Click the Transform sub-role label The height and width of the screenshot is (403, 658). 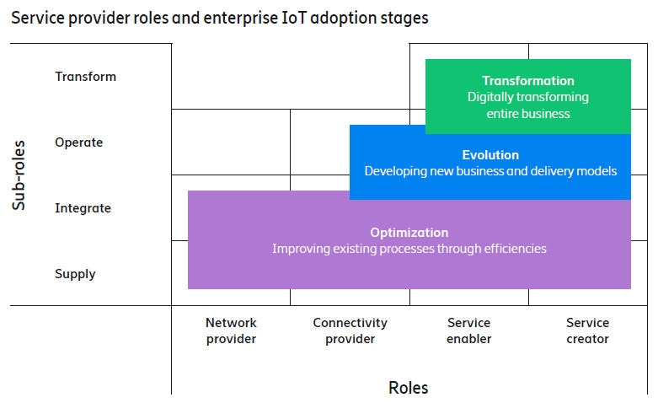(85, 77)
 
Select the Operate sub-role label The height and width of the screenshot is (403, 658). (78, 142)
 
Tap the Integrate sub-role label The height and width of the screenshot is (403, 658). (83, 208)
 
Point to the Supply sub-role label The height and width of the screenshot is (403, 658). (75, 274)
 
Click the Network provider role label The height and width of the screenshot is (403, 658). (231, 330)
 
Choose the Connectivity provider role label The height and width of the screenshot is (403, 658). (350, 330)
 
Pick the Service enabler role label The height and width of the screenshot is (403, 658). (468, 330)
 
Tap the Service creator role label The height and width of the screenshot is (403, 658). (587, 330)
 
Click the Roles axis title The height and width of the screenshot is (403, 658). (408, 388)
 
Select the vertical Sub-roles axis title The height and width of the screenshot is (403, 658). (19, 175)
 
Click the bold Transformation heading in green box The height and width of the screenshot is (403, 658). (527, 81)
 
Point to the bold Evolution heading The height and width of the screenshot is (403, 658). (490, 155)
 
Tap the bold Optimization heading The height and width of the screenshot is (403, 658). (409, 233)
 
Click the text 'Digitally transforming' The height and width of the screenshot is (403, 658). (527, 97)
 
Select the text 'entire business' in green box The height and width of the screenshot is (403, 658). (527, 113)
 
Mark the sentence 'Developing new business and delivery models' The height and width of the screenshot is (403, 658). (490, 171)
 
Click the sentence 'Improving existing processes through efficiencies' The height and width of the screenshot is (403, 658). (409, 249)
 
